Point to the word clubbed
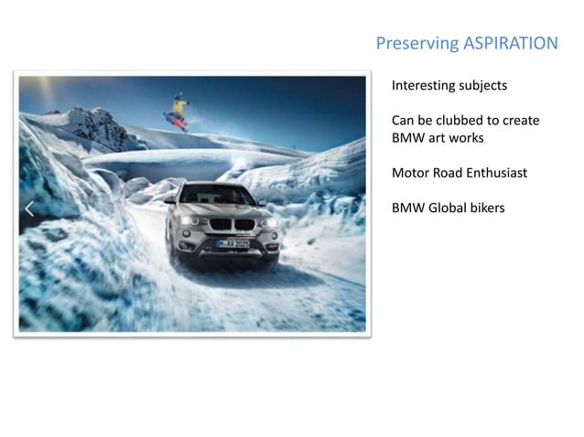(x=467, y=121)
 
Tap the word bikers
(x=488, y=208)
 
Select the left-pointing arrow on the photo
(x=29, y=208)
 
